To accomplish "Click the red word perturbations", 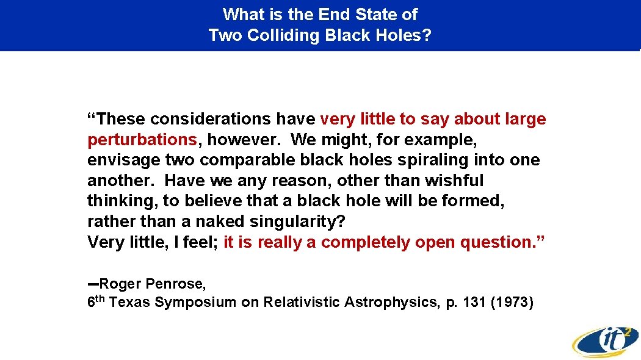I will [x=142, y=139].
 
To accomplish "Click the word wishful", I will [x=455, y=181].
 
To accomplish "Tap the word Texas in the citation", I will [x=130, y=302].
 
